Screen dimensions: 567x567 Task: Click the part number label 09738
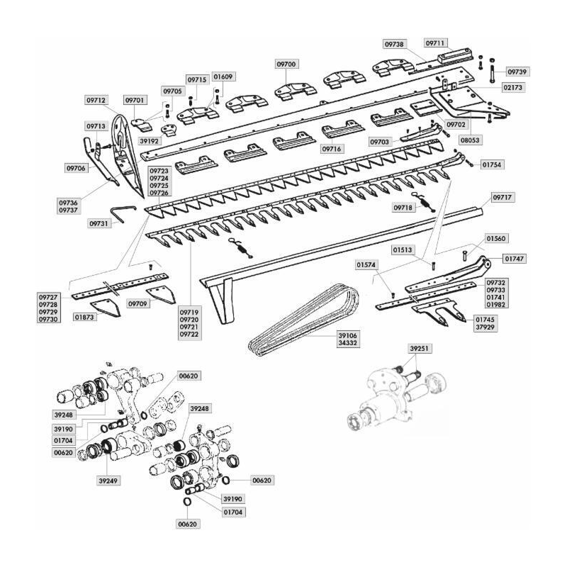tap(395, 44)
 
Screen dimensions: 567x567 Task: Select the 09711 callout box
tap(436, 42)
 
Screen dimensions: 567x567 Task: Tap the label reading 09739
tap(518, 72)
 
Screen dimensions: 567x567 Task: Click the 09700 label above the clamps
tap(286, 64)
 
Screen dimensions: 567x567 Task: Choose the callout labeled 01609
tap(223, 76)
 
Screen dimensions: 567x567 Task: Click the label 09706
tap(76, 168)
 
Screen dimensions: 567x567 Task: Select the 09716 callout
tap(331, 150)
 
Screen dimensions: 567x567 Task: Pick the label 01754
tap(492, 164)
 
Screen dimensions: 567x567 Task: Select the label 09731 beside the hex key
tap(99, 223)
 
